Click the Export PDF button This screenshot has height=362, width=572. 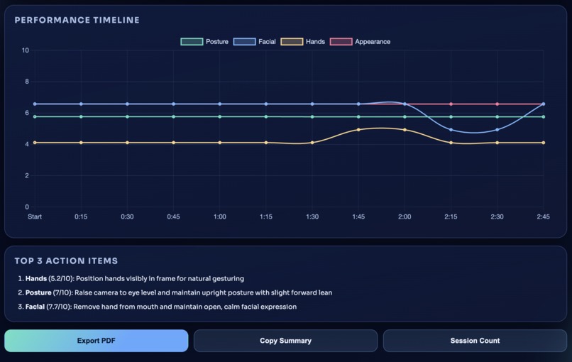[96, 341]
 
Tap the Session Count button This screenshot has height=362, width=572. [475, 341]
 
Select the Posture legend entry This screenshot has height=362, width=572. [204, 42]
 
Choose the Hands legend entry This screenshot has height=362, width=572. [303, 42]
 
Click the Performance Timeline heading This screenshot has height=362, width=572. [77, 21]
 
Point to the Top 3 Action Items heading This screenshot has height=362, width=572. [66, 261]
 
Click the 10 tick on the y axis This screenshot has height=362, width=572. [25, 50]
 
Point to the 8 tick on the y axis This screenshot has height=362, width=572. [26, 82]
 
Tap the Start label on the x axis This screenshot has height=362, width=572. [35, 216]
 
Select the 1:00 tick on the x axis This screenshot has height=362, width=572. [220, 216]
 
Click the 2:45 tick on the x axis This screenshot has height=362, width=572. [543, 216]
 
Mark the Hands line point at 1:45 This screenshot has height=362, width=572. [358, 130]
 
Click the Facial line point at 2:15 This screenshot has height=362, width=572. [451, 130]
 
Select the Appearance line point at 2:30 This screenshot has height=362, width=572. [497, 104]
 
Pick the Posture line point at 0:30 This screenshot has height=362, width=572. [127, 116]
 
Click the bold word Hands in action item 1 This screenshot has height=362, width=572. [36, 279]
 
